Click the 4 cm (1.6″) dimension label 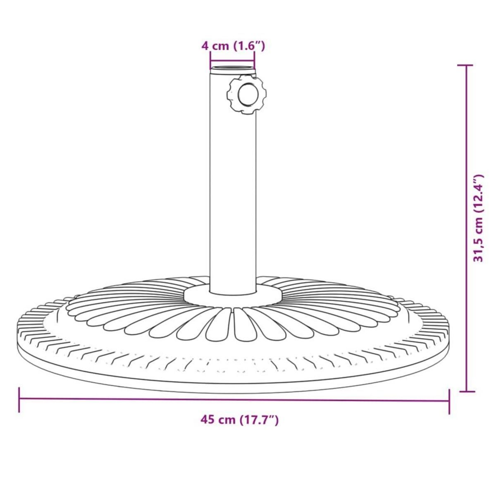(233, 45)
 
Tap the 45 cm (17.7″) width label (239, 420)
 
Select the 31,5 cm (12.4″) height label (479, 218)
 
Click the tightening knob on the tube (246, 95)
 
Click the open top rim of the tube (232, 68)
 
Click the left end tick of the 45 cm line (19, 400)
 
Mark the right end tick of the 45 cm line (449, 401)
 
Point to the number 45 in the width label (207, 420)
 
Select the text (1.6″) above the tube (248, 45)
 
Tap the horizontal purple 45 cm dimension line (124, 399)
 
